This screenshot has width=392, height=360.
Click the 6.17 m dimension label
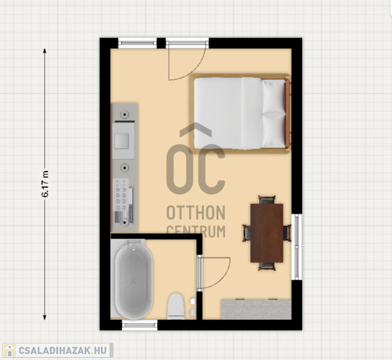click(x=45, y=184)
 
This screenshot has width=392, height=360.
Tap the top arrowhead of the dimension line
click(x=45, y=51)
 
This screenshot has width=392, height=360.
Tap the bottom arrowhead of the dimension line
click(x=45, y=317)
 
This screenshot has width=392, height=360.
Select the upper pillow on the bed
click(x=274, y=96)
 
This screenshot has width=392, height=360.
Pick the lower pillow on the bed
click(x=274, y=129)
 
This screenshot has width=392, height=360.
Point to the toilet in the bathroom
click(x=176, y=307)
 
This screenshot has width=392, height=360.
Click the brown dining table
click(x=267, y=233)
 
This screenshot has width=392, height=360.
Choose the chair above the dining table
click(x=267, y=200)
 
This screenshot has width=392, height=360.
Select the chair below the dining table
click(x=267, y=266)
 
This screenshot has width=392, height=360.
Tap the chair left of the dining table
click(x=247, y=233)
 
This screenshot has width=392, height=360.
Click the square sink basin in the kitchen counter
click(x=122, y=141)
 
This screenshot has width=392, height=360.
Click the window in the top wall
click(x=137, y=43)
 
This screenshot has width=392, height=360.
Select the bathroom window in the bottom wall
click(x=140, y=325)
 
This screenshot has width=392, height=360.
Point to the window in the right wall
click(x=296, y=247)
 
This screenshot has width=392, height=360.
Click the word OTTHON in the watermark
click(x=196, y=213)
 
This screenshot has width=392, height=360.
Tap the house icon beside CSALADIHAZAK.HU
click(x=9, y=350)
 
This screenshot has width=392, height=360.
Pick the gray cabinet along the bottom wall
click(x=256, y=309)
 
